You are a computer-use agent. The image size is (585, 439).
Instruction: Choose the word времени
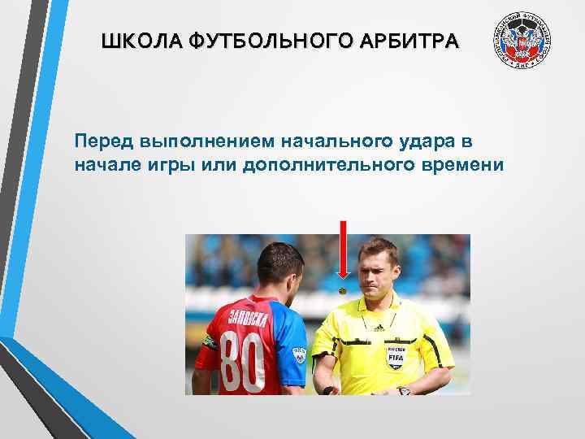tap(459, 165)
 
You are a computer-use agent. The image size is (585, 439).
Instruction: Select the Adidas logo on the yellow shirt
tap(379, 327)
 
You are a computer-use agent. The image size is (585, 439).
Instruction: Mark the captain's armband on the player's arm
tap(208, 341)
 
